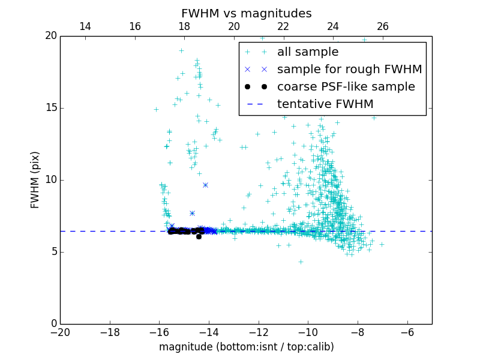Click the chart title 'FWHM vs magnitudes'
[246, 13]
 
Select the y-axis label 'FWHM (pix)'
[35, 179]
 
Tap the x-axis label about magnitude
[246, 347]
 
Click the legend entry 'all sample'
[308, 52]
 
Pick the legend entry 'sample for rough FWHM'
[349, 70]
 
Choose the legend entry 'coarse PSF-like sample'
[346, 87]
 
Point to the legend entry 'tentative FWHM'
[325, 104]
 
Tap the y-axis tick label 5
[53, 252]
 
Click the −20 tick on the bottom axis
[60, 332]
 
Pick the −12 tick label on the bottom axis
[259, 332]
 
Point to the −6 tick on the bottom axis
[407, 332]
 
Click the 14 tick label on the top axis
[85, 26]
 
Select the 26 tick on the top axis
[383, 26]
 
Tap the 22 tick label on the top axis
[283, 26]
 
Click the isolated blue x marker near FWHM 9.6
[205, 185]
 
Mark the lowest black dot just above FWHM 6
[199, 236]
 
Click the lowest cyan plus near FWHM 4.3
[301, 262]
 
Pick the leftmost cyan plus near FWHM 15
[156, 109]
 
